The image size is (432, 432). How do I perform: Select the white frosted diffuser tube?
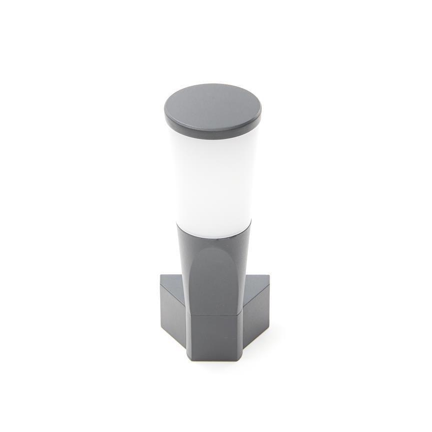tap(212, 174)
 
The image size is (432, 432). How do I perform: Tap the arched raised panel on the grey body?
tap(215, 279)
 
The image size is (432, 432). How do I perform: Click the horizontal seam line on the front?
tap(215, 315)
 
